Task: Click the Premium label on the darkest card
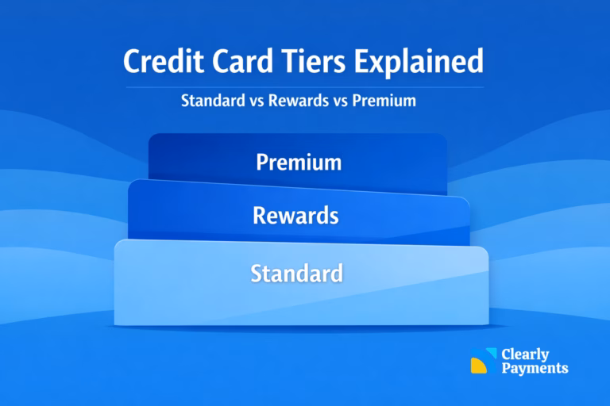point(299,163)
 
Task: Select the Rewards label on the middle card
point(296,214)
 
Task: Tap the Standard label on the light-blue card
point(297,274)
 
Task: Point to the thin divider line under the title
point(305,86)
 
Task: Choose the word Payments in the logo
point(535,369)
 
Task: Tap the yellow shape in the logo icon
point(477,366)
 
